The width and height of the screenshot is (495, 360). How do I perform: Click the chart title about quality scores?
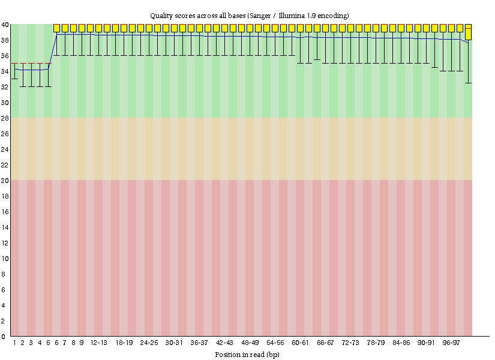(x=249, y=14)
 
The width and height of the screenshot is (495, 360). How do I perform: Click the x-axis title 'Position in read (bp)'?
(x=247, y=354)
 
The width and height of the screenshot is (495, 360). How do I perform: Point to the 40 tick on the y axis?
(x=5, y=25)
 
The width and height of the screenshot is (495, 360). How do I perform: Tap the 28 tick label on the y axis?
(x=5, y=118)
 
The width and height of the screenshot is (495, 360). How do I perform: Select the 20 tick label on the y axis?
(x=5, y=181)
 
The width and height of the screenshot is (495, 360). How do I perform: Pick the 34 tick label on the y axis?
(x=5, y=71)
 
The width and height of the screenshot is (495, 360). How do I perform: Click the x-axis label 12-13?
(x=99, y=343)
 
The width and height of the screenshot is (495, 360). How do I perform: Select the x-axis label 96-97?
(x=451, y=343)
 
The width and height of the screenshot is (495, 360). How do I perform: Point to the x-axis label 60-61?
(x=300, y=343)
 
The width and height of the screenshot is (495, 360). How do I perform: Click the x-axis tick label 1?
(x=14, y=343)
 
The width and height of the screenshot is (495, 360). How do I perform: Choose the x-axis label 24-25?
(x=149, y=343)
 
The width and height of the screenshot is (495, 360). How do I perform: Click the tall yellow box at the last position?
(x=468, y=32)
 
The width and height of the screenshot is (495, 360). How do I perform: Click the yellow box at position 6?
(x=57, y=28)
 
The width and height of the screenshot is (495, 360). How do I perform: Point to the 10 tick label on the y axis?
(x=5, y=259)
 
